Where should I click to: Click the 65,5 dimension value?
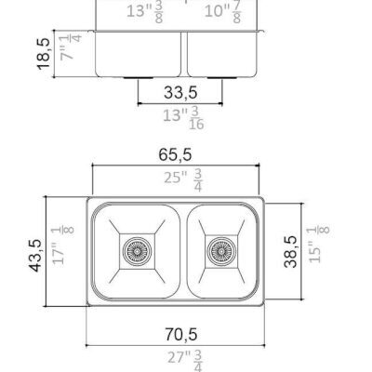pyautogui.click(x=175, y=154)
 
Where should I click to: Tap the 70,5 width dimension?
pyautogui.click(x=180, y=334)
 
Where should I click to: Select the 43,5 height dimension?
pyautogui.click(x=36, y=256)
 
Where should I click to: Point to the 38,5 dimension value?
pyautogui.click(x=290, y=251)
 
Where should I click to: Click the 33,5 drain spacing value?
pyautogui.click(x=180, y=92)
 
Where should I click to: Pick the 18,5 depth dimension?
pyautogui.click(x=43, y=54)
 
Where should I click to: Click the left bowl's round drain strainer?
pyautogui.click(x=137, y=250)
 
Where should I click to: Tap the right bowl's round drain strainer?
pyautogui.click(x=221, y=250)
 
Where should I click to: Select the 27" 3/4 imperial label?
pyautogui.click(x=185, y=360)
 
